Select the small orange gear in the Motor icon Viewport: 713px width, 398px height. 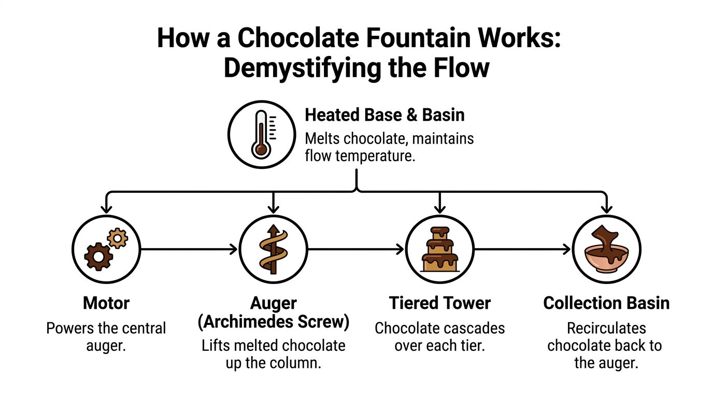(118, 238)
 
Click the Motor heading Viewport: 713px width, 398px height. (106, 303)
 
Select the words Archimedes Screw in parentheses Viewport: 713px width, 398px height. (274, 321)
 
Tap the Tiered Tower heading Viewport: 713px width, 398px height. (440, 303)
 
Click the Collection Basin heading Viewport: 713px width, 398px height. (606, 303)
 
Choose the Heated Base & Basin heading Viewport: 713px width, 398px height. (384, 115)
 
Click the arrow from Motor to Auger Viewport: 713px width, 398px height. (189, 249)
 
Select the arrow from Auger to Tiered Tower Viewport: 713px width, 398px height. (356, 249)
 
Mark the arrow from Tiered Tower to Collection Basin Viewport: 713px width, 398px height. (522, 249)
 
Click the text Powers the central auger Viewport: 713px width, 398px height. (106, 337)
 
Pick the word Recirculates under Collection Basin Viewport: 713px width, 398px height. (606, 329)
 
